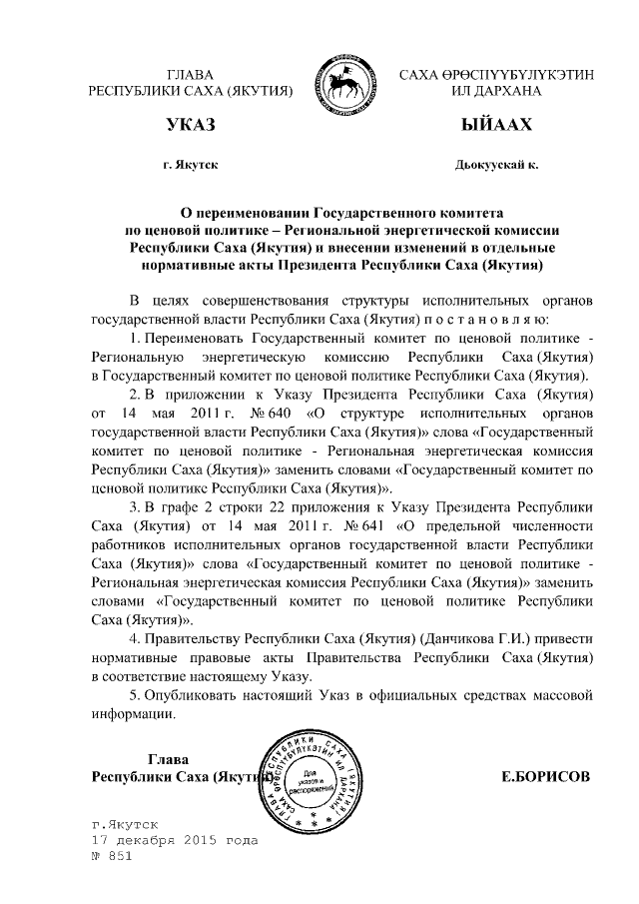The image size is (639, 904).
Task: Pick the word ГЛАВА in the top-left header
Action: click(191, 74)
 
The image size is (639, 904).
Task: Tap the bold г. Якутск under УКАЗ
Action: click(191, 163)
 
